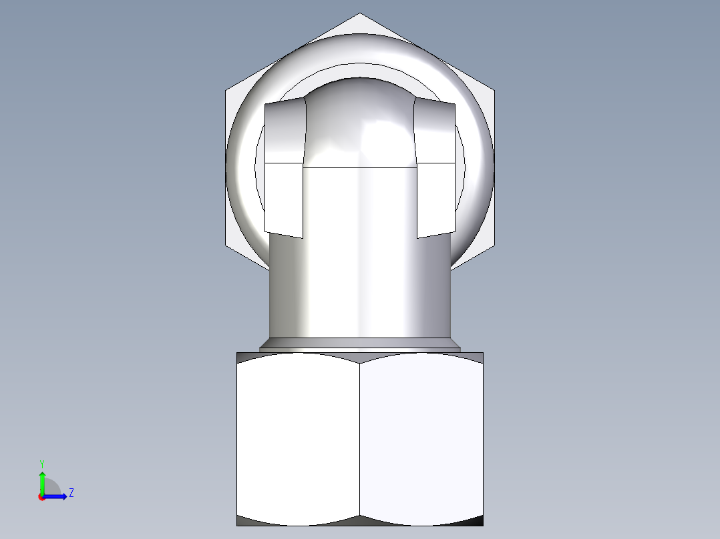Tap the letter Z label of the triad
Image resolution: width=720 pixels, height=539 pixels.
coord(71,493)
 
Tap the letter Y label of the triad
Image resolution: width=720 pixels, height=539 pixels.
coord(42,463)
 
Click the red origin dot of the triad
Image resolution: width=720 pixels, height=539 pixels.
coord(41,497)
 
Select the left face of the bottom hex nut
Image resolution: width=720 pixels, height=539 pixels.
coord(298,437)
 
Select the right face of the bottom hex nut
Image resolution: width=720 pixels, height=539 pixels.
coord(421,437)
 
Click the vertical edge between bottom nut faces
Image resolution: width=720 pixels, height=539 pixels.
coord(360,437)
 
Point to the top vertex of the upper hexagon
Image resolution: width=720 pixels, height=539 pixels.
coord(360,13)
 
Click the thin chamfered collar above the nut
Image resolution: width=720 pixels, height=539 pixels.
coord(359,344)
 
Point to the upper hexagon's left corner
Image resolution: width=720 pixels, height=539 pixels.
coord(226,89)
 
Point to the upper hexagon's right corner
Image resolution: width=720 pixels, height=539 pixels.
coord(494,89)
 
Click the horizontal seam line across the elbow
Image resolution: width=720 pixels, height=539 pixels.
coord(359,167)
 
